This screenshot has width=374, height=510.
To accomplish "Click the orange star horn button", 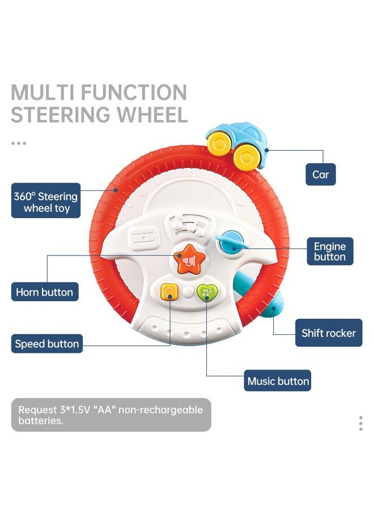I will tap(187, 261).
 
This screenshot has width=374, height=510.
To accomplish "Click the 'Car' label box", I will tap(320, 174).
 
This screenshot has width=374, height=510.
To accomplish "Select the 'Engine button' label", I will tap(329, 252).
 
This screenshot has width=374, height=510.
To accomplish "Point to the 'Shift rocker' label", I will tap(328, 333).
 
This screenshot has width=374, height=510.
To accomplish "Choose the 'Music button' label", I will tap(278, 381).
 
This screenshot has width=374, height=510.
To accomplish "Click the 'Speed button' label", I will tap(47, 344).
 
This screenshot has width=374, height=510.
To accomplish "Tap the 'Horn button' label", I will tap(44, 292).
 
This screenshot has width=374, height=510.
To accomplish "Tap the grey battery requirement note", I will tap(111, 415).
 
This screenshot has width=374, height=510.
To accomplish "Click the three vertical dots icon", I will tap(360, 423).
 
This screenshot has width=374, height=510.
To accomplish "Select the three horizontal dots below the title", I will tap(19, 143).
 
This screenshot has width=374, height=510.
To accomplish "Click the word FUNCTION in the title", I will tap(133, 92).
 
